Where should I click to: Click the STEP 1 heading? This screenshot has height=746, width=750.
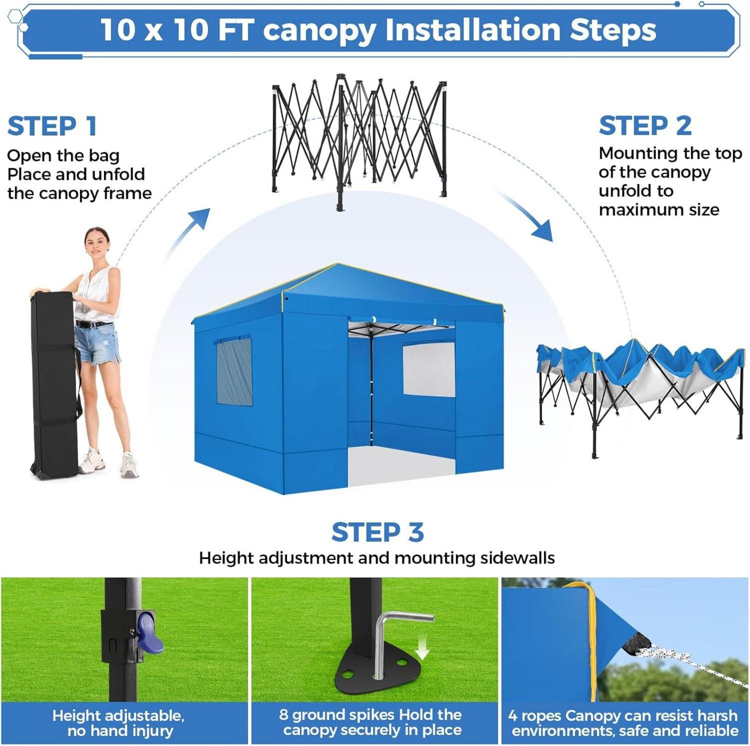coord(52,126)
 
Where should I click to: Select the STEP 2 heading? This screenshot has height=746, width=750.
coord(645,125)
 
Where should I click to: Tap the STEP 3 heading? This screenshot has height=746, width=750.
coord(377,532)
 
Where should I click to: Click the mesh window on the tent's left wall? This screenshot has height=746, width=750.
coord(234,371)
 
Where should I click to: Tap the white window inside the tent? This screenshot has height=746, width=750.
coord(429,369)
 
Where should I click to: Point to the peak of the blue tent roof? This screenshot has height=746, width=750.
coord(338,265)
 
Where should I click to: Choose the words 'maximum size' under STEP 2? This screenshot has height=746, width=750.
coord(659,210)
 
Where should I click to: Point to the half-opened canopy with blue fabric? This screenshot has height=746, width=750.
coord(642,393)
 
